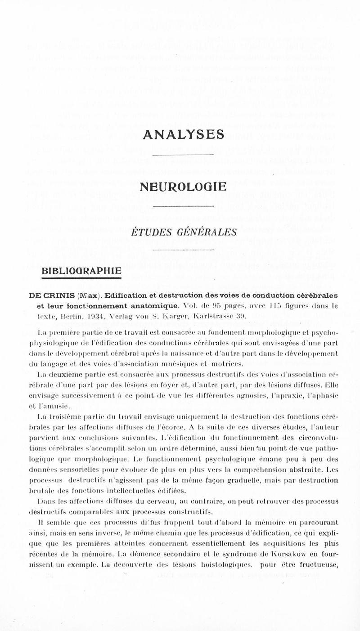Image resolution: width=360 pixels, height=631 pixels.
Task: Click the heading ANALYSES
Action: click(x=183, y=134)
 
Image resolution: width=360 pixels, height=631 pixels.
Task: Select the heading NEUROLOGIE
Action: click(x=183, y=186)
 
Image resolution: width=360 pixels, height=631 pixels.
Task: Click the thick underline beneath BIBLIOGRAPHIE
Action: click(x=82, y=279)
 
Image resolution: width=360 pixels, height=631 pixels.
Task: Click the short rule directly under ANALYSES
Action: click(x=183, y=155)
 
